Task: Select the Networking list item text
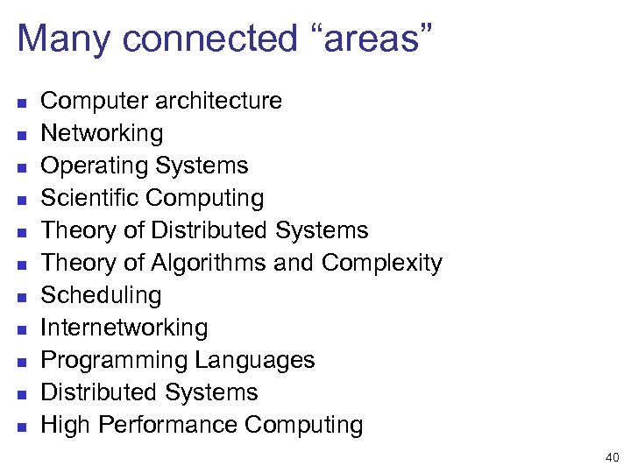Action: [102, 133]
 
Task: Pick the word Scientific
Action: [90, 198]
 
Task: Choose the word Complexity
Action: [382, 263]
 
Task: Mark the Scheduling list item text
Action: [101, 295]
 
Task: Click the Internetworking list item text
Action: [124, 328]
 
